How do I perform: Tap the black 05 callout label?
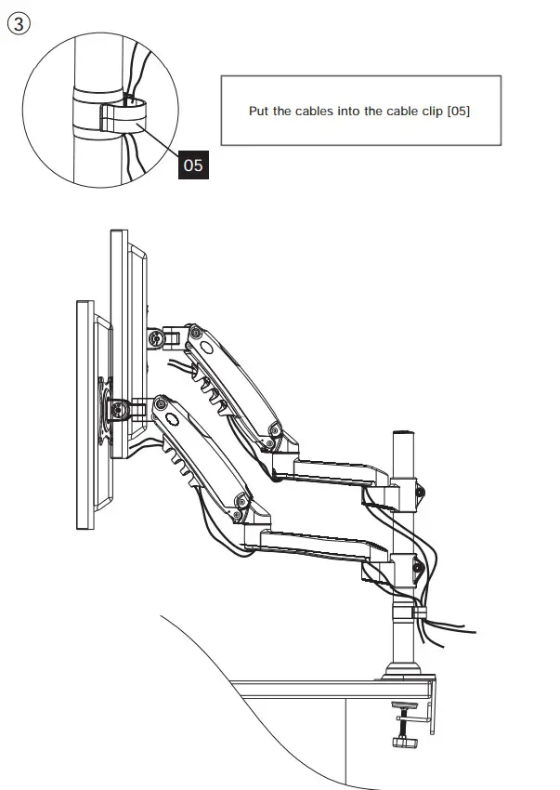coord(192,165)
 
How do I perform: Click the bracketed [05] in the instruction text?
coord(459,111)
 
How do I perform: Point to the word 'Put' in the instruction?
coord(258,111)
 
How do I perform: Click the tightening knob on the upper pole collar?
coord(422,490)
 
